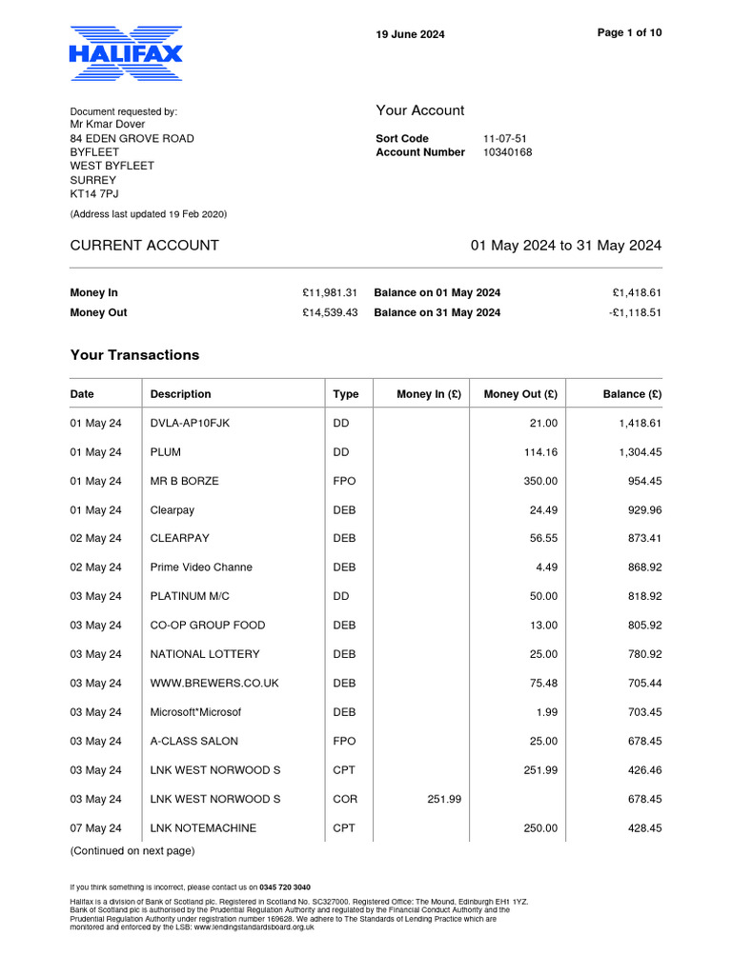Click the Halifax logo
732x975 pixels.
pyautogui.click(x=125, y=54)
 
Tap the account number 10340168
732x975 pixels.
pyautogui.click(x=507, y=152)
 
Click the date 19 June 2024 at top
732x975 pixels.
pyautogui.click(x=410, y=35)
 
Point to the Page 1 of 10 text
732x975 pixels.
pyautogui.click(x=629, y=32)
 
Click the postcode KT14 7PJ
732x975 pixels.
pyautogui.click(x=95, y=194)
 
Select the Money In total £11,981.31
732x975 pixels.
pyautogui.click(x=329, y=293)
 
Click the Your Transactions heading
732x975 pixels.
pyautogui.click(x=134, y=355)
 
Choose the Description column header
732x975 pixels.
pyautogui.click(x=180, y=394)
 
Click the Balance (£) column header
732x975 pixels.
pyautogui.click(x=632, y=394)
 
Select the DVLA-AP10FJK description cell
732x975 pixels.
pyautogui.click(x=190, y=424)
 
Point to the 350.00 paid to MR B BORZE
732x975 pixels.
pyautogui.click(x=540, y=481)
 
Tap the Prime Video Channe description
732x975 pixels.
pyautogui.click(x=201, y=567)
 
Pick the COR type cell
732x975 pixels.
pyautogui.click(x=344, y=799)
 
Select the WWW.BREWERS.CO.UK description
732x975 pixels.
pyautogui.click(x=208, y=684)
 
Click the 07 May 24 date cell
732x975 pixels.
pyautogui.click(x=95, y=828)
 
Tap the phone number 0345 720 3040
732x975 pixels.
pyautogui.click(x=285, y=886)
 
